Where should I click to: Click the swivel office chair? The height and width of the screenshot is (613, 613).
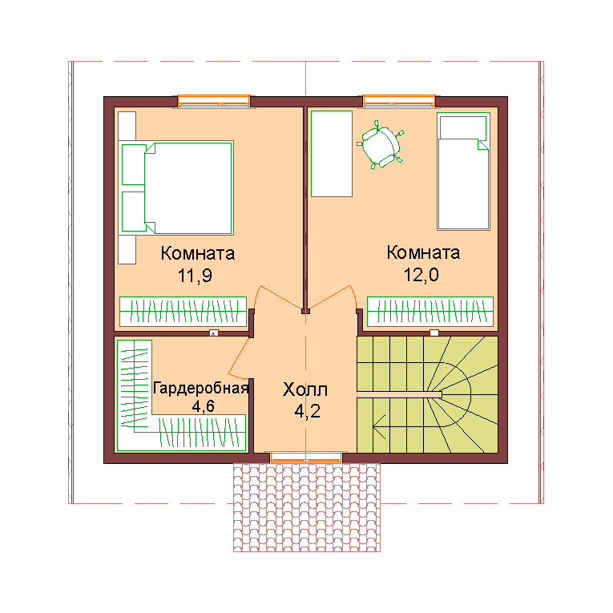pos(381,145)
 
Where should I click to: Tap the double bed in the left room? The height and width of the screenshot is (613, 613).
pos(189,188)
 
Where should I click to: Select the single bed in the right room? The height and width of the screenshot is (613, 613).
pos(463,171)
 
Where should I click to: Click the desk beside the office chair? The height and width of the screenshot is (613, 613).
pos(332,154)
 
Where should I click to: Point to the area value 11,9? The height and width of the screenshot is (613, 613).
pos(195,275)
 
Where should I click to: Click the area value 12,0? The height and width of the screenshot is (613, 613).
pos(421,275)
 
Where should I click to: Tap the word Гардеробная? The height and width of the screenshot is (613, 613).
pos(200,388)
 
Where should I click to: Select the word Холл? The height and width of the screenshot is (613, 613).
pos(305,389)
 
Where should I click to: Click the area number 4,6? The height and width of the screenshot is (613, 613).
pos(203,406)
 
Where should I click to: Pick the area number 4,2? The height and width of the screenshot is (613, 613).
pos(307,411)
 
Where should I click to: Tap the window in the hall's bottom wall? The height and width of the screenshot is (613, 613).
pos(306,457)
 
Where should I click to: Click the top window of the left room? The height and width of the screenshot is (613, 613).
pos(214,101)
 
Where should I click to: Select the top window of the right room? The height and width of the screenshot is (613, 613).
pos(399,101)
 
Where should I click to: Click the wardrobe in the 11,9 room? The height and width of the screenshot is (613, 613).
pos(183,312)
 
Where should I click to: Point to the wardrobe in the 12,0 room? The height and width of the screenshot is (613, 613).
pos(430,312)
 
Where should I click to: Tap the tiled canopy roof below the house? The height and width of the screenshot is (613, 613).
pos(307,507)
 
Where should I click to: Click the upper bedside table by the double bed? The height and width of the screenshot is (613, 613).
pos(134,164)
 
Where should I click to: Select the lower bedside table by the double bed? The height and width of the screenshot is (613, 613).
pos(134,212)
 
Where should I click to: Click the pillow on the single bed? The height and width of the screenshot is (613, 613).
pos(463,127)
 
